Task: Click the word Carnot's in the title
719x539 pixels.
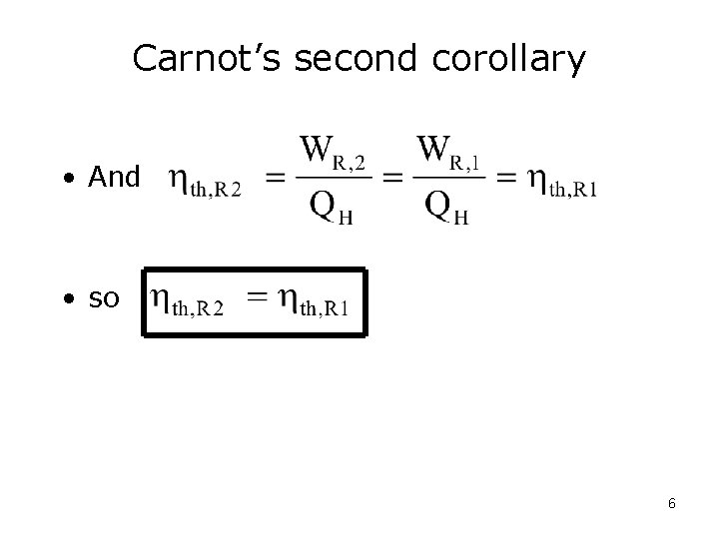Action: click(x=209, y=59)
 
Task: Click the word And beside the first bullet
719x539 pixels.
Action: click(x=115, y=178)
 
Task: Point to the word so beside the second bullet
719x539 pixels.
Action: click(x=104, y=299)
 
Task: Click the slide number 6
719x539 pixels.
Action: click(x=671, y=504)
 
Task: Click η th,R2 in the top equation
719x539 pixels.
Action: click(x=204, y=183)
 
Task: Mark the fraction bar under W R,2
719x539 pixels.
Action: click(x=333, y=178)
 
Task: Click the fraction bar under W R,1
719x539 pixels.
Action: click(x=448, y=178)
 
